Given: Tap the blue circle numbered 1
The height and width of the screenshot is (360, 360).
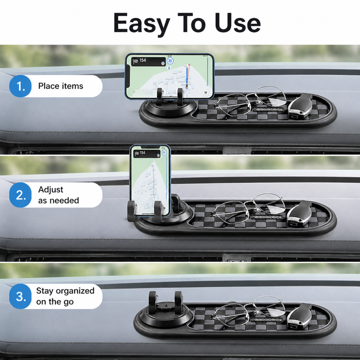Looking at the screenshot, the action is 20,86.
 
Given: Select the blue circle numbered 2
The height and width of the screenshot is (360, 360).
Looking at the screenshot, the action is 20,195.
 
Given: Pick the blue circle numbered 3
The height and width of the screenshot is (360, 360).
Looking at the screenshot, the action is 20,296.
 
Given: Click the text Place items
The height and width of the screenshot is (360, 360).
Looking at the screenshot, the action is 60,86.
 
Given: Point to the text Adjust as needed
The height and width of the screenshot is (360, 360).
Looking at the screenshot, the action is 59,195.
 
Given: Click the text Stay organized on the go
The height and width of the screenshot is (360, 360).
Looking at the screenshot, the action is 65,296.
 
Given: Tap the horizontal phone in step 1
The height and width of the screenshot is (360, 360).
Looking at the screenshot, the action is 170,76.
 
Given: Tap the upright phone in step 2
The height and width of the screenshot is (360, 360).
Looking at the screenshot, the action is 150,181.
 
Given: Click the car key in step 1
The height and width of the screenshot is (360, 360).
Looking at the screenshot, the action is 300,106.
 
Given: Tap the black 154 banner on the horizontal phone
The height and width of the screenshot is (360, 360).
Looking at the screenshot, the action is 148,62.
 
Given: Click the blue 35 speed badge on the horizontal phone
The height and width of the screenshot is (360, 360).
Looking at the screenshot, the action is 170,61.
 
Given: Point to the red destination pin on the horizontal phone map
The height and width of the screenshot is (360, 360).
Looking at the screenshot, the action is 189,65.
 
